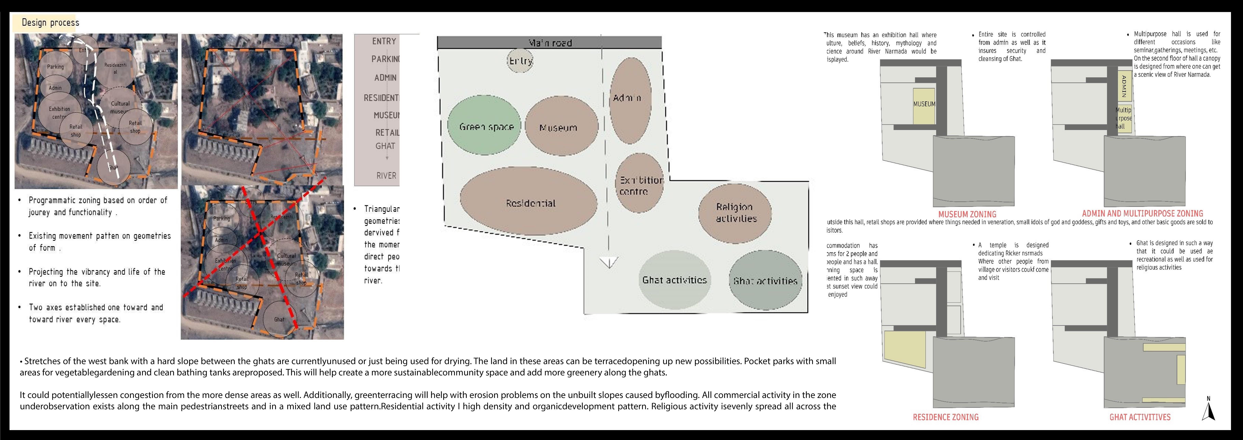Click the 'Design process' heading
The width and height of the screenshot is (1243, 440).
50,23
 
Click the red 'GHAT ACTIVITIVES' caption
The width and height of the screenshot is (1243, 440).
1140,417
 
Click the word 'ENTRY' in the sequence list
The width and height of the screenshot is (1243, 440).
384,42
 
